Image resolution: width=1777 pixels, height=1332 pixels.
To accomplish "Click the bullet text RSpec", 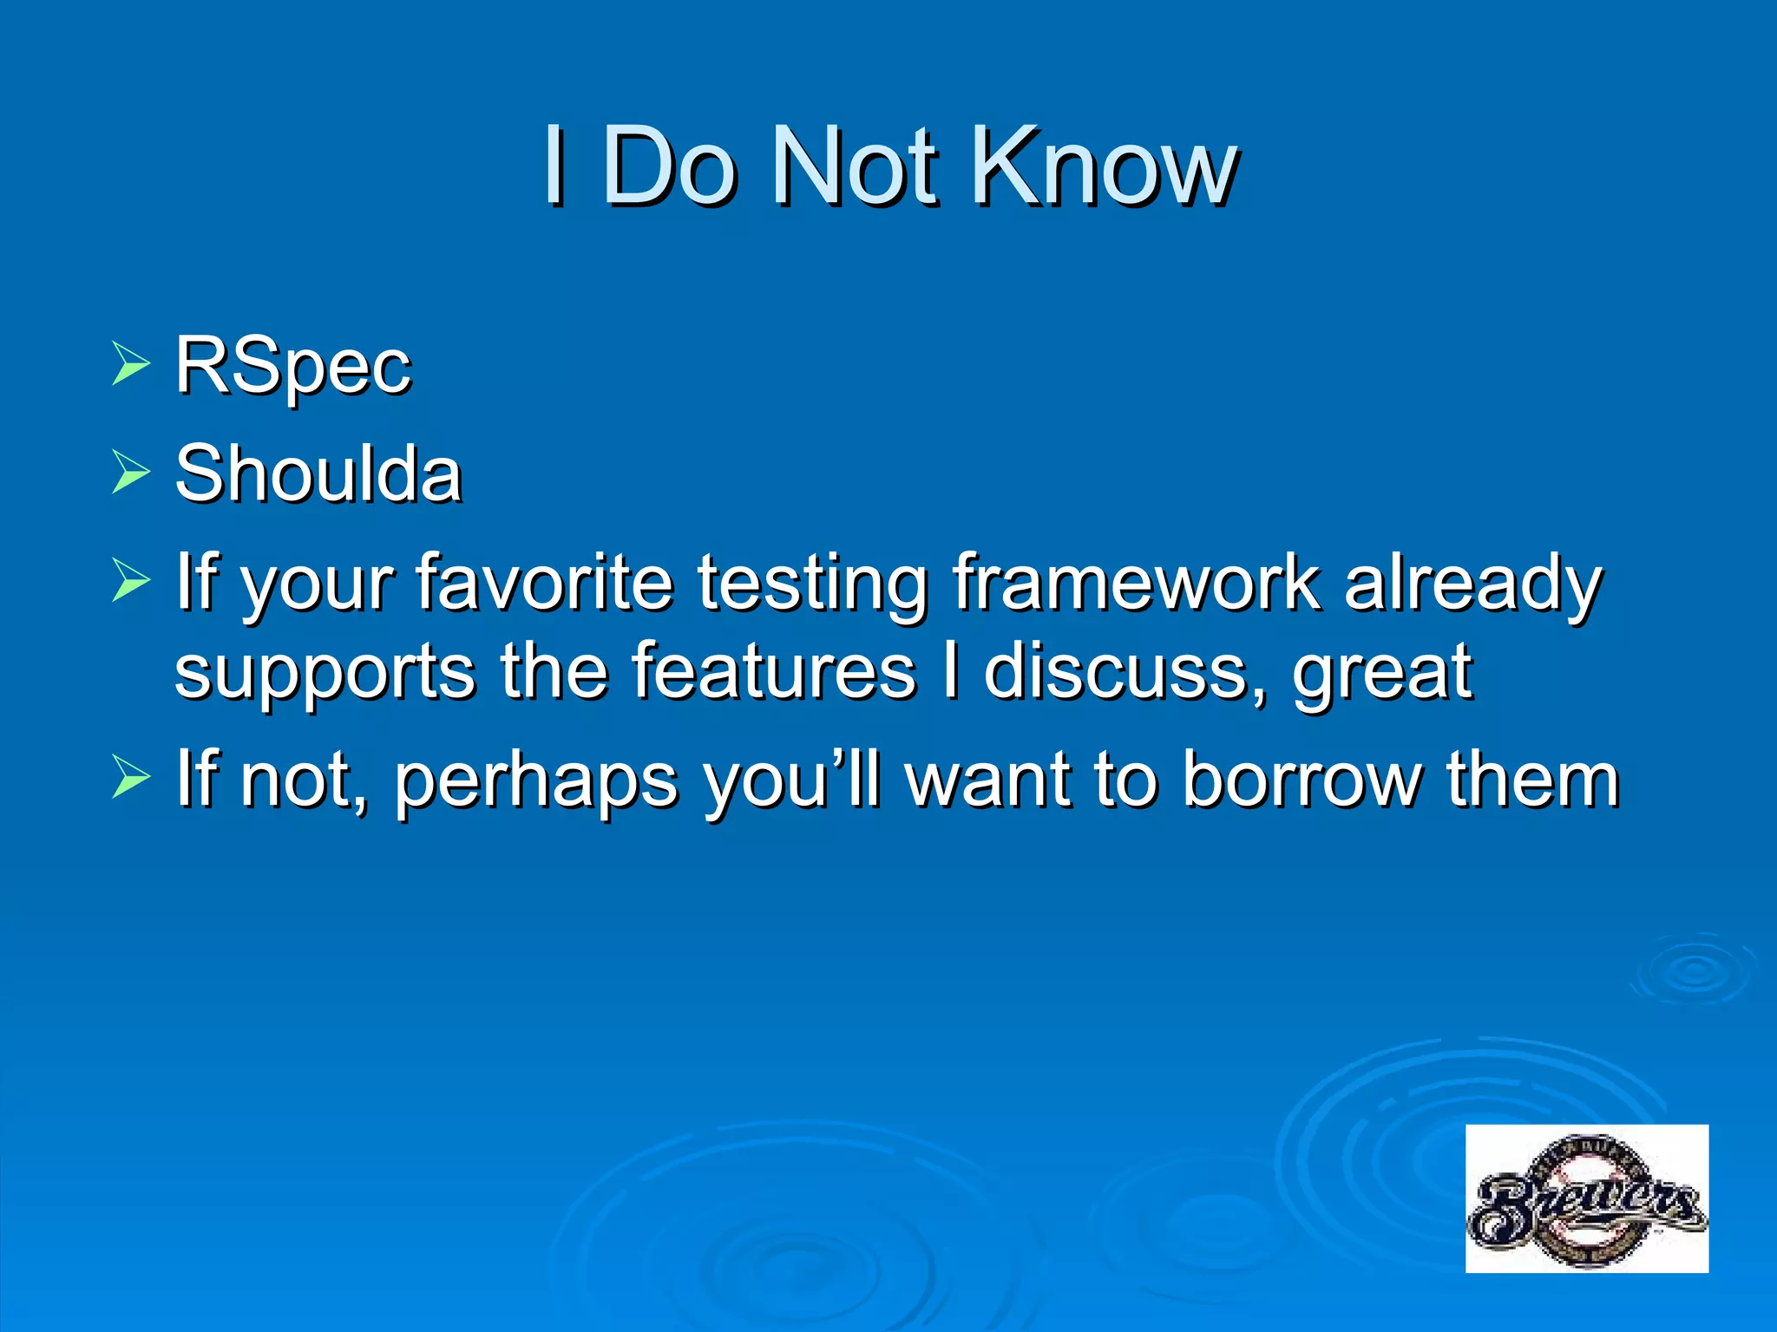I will [x=292, y=366].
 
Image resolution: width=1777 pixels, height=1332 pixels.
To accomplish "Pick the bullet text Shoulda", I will [x=318, y=473].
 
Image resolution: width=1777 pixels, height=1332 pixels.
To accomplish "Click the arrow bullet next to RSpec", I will [x=131, y=363].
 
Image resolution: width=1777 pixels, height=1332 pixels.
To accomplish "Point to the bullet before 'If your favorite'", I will [x=131, y=580].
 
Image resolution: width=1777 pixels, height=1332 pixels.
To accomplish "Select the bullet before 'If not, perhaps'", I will [x=131, y=776].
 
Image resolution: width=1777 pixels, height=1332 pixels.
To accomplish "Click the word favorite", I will [x=544, y=582].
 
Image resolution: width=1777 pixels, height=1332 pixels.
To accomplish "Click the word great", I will [x=1382, y=675].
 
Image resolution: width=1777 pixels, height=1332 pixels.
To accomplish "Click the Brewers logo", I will [x=1586, y=1198].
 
